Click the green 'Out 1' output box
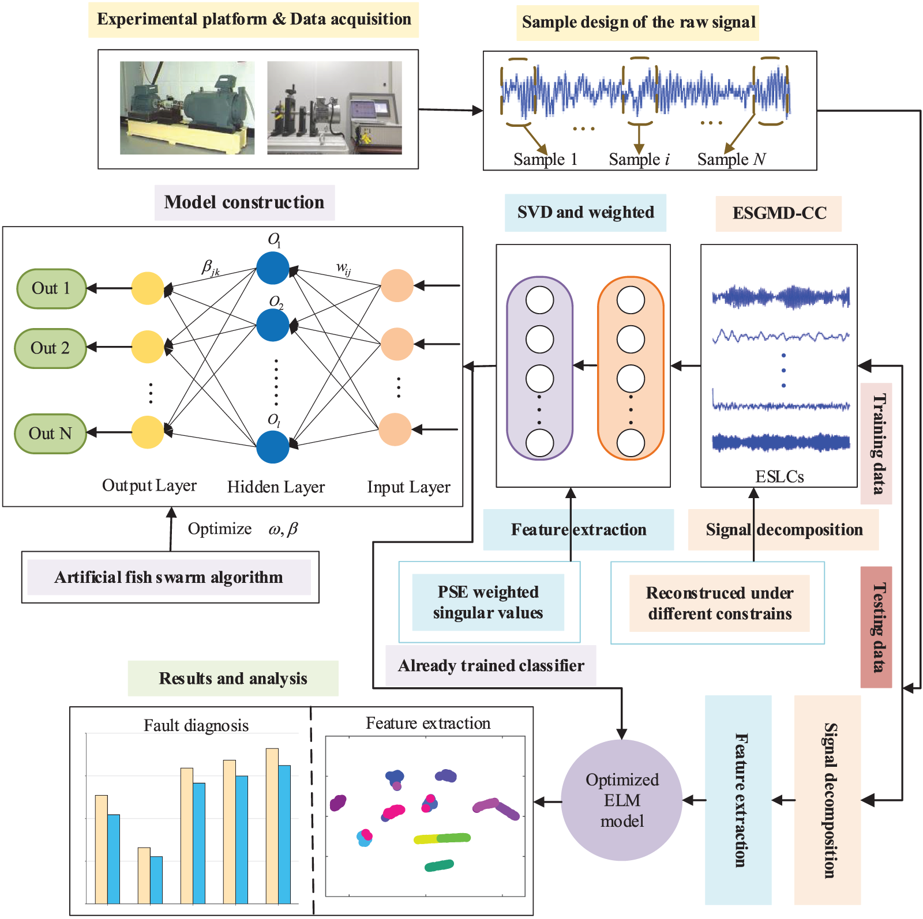tap(51, 288)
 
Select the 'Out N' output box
tap(50, 434)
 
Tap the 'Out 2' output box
tap(50, 348)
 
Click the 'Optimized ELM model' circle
tap(622, 800)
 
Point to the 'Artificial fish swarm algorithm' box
tap(170, 577)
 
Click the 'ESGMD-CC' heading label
tap(779, 213)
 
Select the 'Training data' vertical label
tap(877, 443)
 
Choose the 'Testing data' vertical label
tap(877, 627)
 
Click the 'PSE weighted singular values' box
tap(488, 602)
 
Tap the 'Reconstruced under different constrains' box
tap(719, 603)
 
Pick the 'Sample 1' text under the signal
tap(545, 159)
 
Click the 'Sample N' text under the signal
tap(731, 159)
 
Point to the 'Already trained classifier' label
tap(491, 666)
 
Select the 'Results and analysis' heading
tap(233, 679)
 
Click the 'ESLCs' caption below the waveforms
tap(779, 477)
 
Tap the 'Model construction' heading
tap(244, 202)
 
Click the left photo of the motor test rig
tap(187, 108)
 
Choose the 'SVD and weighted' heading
tap(586, 213)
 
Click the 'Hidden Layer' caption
tap(276, 487)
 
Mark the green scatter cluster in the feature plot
tap(439, 865)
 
